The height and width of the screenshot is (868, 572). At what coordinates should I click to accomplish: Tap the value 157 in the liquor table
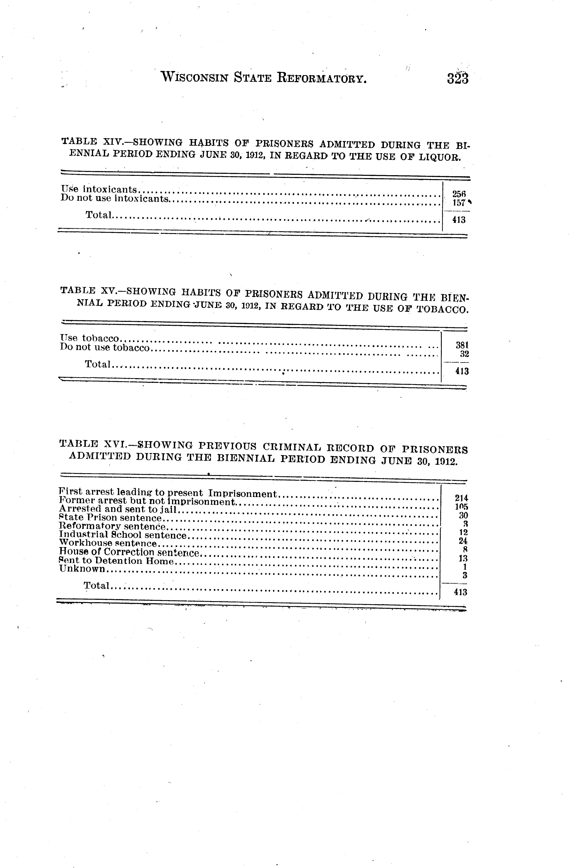point(459,203)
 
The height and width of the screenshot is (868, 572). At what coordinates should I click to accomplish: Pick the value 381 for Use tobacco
point(462,345)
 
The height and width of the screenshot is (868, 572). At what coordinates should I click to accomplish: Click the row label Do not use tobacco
point(105,348)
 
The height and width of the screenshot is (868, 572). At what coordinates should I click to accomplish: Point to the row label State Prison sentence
point(110,518)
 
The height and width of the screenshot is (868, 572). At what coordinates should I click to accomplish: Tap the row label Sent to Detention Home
point(116,561)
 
